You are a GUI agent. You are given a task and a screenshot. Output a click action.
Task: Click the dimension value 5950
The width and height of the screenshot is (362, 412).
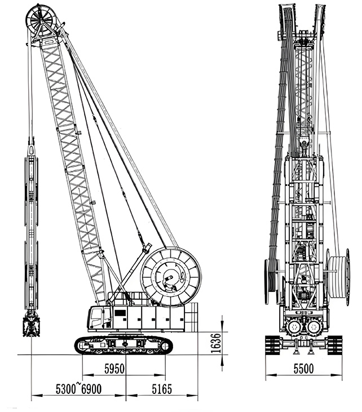(x=114, y=369)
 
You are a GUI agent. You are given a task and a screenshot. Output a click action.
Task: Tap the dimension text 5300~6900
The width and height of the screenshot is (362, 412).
(x=78, y=389)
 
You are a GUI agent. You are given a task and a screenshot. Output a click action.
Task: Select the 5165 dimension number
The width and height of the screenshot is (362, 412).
(x=162, y=389)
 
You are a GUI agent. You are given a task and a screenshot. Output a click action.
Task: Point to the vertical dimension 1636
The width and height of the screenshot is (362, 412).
(x=216, y=343)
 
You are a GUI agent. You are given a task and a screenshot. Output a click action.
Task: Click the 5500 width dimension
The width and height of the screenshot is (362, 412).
(x=303, y=369)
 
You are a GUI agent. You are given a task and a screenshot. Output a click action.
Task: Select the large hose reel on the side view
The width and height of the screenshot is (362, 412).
(x=171, y=277)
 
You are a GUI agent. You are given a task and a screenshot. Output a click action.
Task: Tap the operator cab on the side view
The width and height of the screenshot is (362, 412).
(x=99, y=318)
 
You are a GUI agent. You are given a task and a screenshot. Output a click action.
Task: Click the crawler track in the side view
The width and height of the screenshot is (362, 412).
(x=124, y=345)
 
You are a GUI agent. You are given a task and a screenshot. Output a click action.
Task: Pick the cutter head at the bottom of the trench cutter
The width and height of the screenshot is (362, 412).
(x=31, y=326)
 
